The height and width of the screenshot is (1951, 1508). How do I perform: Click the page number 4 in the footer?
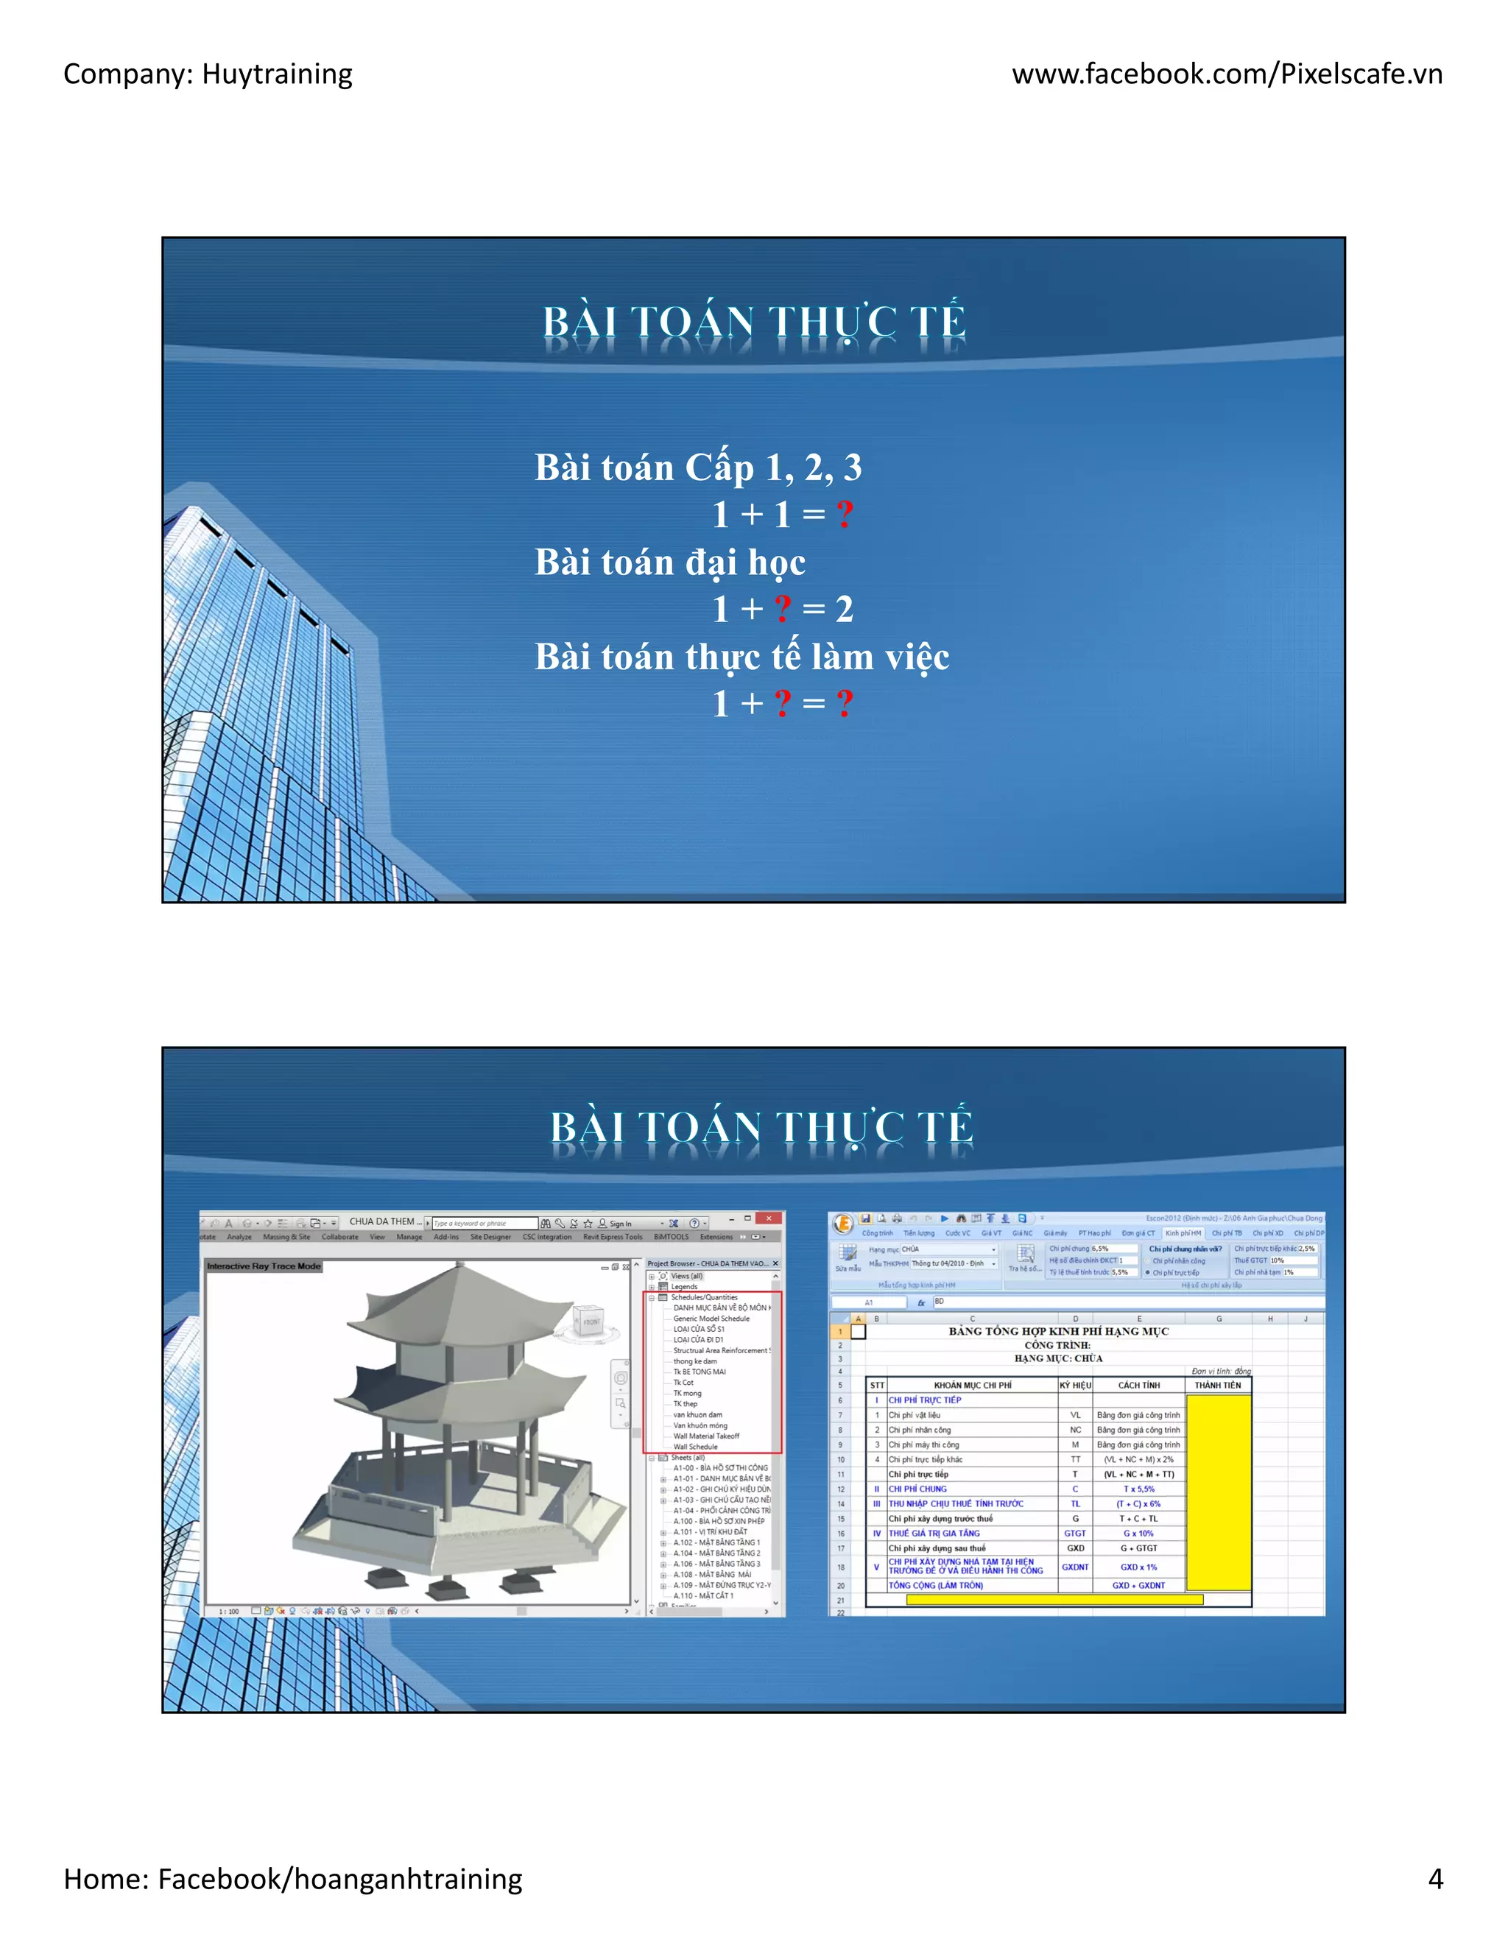[1435, 1879]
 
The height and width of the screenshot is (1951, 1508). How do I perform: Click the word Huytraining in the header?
[277, 74]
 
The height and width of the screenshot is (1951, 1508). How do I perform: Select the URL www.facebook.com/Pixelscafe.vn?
[1227, 74]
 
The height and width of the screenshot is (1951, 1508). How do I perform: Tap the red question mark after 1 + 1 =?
[845, 515]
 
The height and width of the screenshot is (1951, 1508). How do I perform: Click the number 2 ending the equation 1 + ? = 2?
[845, 610]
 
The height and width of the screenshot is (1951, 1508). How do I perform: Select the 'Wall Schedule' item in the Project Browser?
[695, 1446]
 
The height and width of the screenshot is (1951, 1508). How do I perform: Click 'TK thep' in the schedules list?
[686, 1403]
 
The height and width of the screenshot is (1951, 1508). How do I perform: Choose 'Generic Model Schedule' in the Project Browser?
[711, 1319]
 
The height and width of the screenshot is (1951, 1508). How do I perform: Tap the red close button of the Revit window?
[768, 1218]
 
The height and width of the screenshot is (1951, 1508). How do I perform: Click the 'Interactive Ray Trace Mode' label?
[264, 1266]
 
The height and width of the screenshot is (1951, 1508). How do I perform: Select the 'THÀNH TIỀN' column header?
[1218, 1386]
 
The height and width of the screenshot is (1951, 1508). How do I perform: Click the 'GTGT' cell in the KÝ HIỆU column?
[1075, 1533]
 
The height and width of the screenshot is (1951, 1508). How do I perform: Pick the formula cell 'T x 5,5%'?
[1138, 1489]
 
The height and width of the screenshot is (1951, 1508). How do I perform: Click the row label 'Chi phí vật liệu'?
[914, 1415]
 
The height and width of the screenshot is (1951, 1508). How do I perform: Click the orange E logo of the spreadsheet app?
[842, 1224]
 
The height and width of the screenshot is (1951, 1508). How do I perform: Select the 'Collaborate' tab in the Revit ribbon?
[339, 1238]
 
